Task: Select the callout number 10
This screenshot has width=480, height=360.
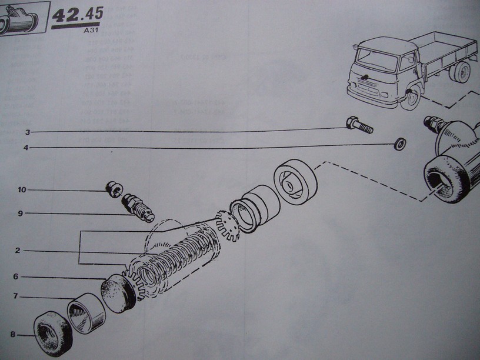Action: point(22,189)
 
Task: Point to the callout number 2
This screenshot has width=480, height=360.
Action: point(18,250)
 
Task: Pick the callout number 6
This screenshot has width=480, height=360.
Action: point(16,276)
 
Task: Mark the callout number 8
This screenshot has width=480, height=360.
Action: point(12,335)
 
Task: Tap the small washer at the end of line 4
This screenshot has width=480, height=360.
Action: point(399,143)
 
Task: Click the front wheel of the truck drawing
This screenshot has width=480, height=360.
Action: point(414,96)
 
